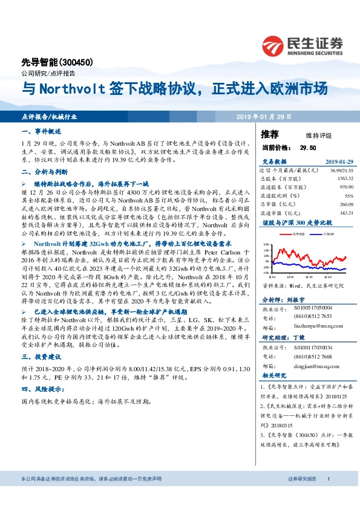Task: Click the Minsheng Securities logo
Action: (302, 45)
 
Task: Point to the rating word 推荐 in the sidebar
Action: (269, 134)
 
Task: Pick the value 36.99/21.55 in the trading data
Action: (341, 171)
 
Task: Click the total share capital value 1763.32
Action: (344, 179)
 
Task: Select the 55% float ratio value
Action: (349, 196)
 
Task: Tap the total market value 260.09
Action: (345, 204)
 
